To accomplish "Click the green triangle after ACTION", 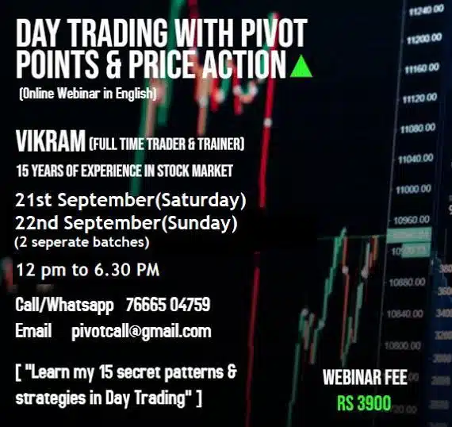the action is (301, 67).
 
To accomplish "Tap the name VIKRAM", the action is (51, 140).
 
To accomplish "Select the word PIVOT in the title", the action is (274, 33).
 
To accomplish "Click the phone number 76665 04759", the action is (168, 304).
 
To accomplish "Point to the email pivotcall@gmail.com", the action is (141, 332).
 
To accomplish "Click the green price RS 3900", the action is (364, 402).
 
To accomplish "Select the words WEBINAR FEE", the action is (365, 377).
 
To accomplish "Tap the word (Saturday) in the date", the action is (201, 200).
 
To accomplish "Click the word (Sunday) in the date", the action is (199, 223).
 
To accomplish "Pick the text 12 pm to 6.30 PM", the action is (88, 270).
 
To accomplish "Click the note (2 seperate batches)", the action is (82, 242).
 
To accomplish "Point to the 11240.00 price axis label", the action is (427, 10).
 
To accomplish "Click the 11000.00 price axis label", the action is (414, 190).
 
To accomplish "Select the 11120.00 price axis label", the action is (419, 98).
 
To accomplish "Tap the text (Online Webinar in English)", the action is (88, 94).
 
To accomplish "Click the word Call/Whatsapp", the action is (64, 306).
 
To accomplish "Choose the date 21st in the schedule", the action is (33, 200).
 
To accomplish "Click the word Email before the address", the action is (33, 331).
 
